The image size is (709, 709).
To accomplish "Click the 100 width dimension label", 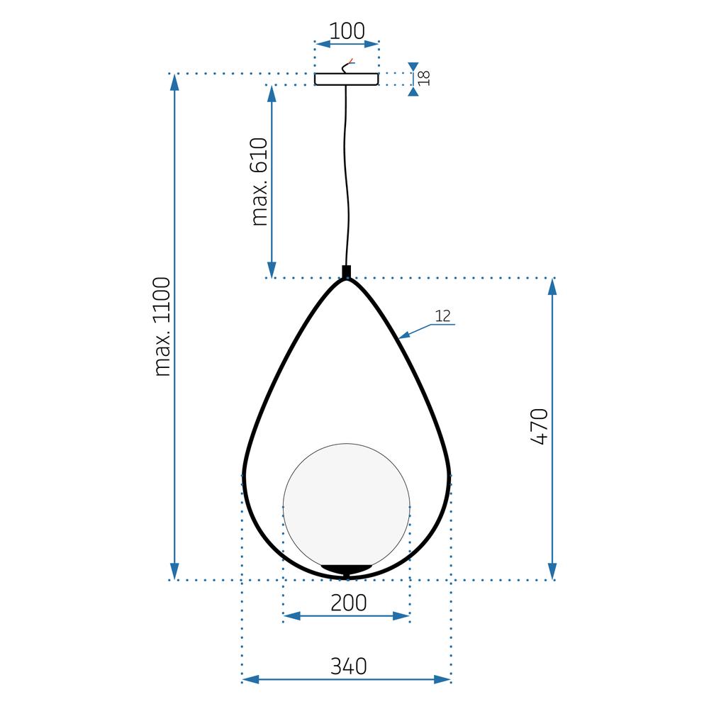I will click(x=347, y=31).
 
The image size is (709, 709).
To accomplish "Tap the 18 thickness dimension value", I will click(x=424, y=79).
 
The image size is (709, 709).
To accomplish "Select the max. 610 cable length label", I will click(x=260, y=182).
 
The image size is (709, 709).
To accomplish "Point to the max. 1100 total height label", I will click(x=162, y=326).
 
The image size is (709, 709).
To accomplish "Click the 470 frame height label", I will click(x=540, y=426).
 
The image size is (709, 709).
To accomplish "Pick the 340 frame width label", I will click(x=348, y=666).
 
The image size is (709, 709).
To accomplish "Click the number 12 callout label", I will click(x=443, y=316).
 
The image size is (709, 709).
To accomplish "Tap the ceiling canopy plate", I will click(x=347, y=79).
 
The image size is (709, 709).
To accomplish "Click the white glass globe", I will click(x=347, y=503).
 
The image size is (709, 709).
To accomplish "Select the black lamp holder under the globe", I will click(x=347, y=568).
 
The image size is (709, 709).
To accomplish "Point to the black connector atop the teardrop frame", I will click(x=346, y=272).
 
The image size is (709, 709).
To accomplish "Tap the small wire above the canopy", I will click(x=347, y=66).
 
